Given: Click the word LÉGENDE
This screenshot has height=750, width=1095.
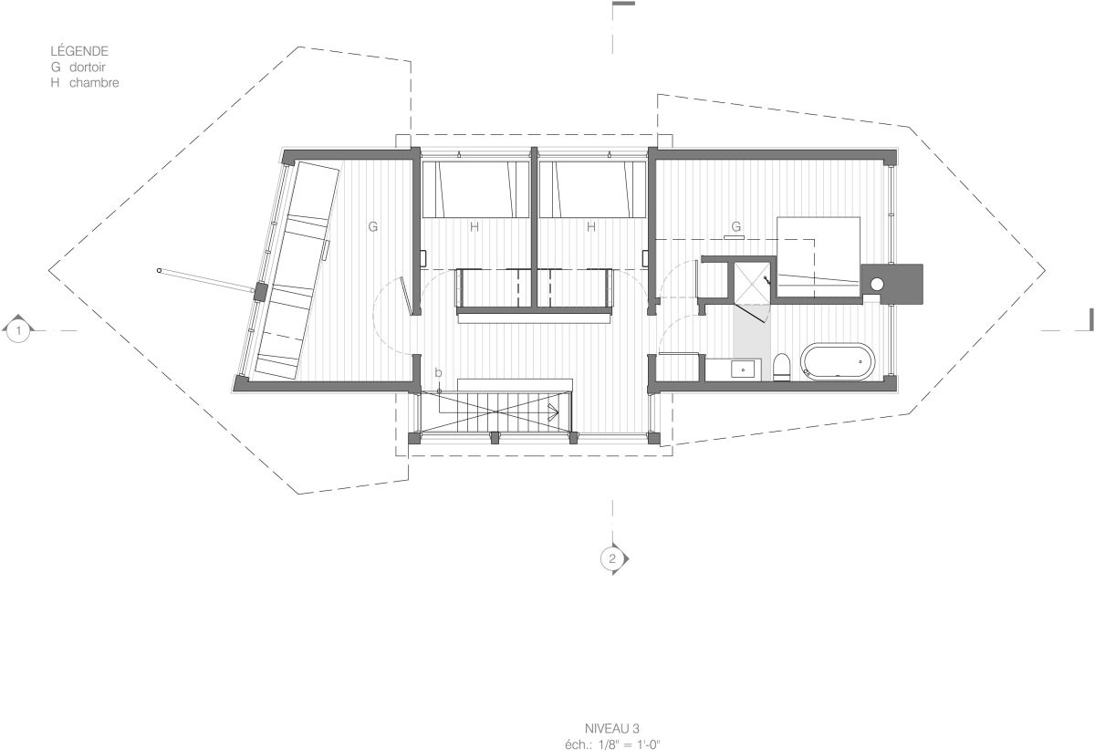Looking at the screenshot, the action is point(79,51).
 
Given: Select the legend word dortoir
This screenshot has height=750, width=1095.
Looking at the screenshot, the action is point(87,67).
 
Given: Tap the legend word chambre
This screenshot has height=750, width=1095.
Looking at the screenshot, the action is point(94,83).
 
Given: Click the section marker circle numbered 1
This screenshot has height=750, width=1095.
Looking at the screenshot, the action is point(18,331).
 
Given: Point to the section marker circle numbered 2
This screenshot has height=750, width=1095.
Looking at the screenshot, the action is point(612,558).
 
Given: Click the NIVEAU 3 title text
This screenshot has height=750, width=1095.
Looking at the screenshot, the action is point(612,728).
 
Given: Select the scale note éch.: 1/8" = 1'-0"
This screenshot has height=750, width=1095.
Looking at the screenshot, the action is point(612,745).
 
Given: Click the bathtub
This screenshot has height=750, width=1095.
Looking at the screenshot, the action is point(838,360).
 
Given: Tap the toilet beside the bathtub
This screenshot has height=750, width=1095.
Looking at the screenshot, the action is point(782,367).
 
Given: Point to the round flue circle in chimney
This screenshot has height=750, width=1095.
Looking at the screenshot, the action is point(877,284).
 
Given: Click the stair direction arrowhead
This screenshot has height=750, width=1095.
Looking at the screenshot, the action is point(554,412).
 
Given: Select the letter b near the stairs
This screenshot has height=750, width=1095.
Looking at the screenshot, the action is point(438,372).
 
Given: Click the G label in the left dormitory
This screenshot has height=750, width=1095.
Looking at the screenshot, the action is point(373,226).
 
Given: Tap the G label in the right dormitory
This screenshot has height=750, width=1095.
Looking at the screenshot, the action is point(736,226).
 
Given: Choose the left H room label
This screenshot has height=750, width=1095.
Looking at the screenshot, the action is point(474,226).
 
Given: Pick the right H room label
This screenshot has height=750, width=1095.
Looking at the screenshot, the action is point(591,226).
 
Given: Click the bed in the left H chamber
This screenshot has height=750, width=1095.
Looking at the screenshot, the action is point(475,189).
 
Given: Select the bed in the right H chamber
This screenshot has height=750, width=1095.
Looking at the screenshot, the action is point(593,189).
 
